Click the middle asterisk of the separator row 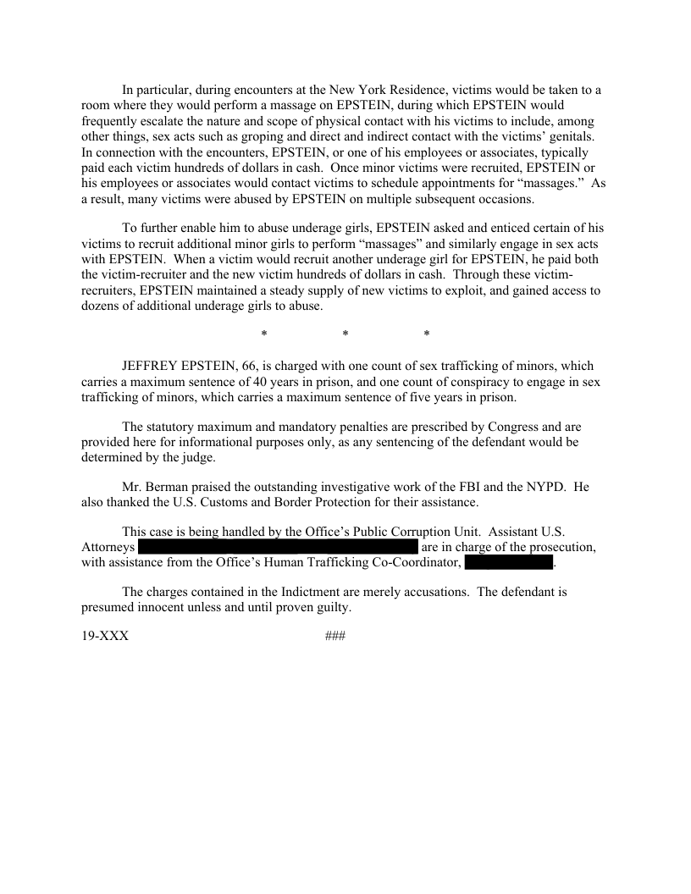pyautogui.click(x=345, y=335)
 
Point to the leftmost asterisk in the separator pyautogui.click(x=264, y=335)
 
